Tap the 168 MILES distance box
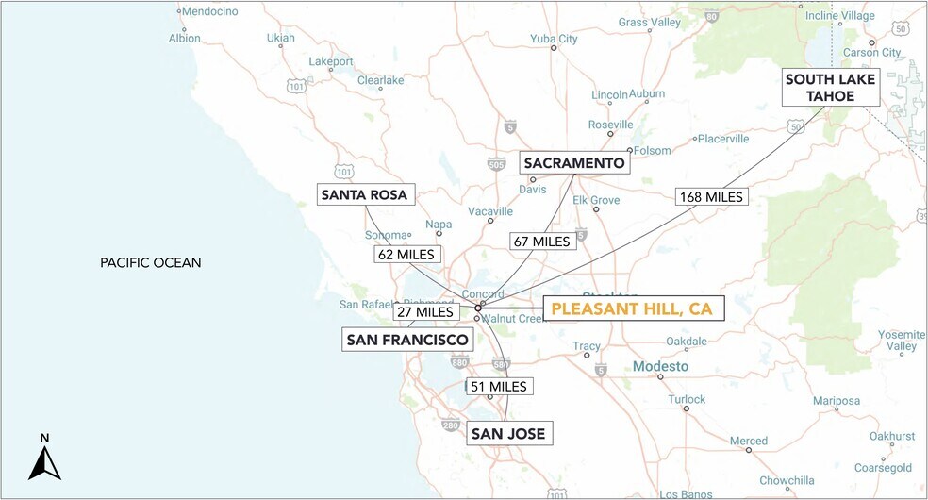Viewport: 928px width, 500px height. click(711, 197)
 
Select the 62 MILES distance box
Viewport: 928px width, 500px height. click(405, 255)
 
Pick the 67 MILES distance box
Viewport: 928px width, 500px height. click(540, 241)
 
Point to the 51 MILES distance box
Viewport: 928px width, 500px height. click(499, 386)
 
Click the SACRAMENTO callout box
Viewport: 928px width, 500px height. click(573, 163)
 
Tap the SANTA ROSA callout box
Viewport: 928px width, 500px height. click(363, 195)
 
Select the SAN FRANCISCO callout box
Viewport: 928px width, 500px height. click(406, 340)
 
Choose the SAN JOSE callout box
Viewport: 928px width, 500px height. click(506, 434)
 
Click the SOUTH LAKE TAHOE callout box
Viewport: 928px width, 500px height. click(831, 88)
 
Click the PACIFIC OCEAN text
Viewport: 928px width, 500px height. click(151, 262)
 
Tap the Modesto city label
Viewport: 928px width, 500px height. click(660, 366)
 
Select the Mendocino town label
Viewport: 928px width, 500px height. click(207, 12)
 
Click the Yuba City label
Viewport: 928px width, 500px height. click(555, 39)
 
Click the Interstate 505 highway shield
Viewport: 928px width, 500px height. click(496, 163)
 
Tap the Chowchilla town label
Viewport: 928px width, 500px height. click(787, 480)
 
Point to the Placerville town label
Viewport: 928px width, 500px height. click(723, 139)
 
